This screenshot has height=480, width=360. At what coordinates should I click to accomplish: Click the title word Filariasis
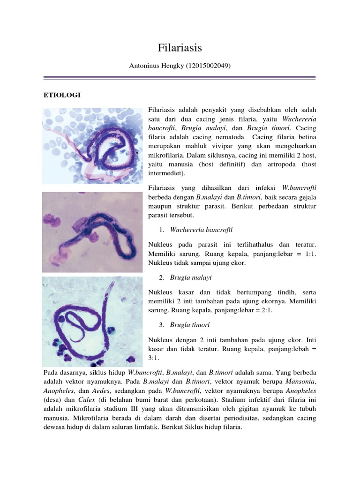click(x=180, y=48)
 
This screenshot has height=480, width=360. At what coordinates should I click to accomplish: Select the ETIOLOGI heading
click(x=61, y=95)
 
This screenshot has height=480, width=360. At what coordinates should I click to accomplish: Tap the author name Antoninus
click(x=145, y=67)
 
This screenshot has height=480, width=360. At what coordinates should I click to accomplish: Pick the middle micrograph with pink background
click(x=92, y=232)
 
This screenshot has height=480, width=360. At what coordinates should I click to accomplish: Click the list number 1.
click(x=161, y=230)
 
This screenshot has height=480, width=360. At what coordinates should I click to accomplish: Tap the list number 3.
click(x=161, y=325)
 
